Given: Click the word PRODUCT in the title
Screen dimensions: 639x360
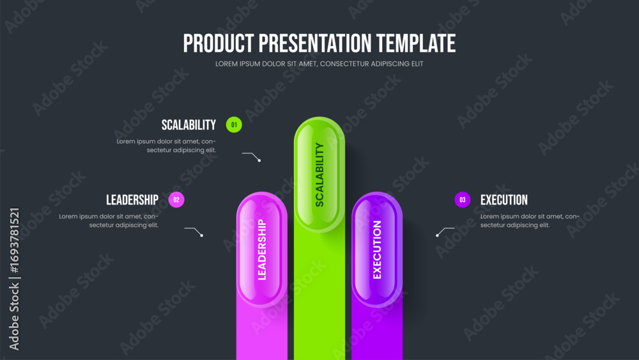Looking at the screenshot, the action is (x=219, y=43).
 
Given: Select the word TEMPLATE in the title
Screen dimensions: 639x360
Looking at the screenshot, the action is (x=416, y=43).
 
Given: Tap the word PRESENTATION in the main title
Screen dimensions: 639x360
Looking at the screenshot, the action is (x=315, y=43).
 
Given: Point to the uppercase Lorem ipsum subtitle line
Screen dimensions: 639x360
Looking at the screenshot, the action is (x=319, y=63).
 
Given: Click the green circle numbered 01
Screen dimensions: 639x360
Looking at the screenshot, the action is (x=234, y=125).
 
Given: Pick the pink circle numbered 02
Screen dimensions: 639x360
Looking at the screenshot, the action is (x=176, y=200).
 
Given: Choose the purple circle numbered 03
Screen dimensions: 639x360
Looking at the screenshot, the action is (x=463, y=200).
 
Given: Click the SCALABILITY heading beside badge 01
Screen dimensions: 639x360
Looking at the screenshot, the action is (x=189, y=125).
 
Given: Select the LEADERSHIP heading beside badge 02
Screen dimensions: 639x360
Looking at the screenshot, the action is (x=132, y=200).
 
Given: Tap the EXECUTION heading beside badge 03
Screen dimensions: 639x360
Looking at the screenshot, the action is (x=504, y=200).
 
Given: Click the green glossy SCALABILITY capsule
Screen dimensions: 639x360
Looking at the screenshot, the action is (x=319, y=175).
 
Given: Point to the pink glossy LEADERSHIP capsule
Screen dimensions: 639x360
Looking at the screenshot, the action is (x=262, y=249).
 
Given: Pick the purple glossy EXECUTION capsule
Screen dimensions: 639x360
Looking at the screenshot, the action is (x=377, y=249).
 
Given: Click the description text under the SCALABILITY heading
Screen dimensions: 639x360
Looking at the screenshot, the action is (x=166, y=146).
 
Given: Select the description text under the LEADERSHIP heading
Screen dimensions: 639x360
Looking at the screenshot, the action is (x=109, y=221).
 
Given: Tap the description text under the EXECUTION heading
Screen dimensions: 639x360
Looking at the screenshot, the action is (x=530, y=221).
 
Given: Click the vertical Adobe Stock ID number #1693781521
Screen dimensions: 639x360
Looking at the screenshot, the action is (x=14, y=240).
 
